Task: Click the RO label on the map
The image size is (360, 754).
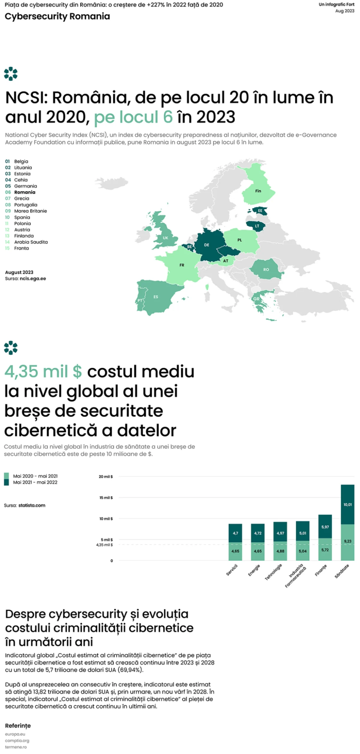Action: (266, 269)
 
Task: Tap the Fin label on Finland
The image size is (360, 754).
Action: (258, 191)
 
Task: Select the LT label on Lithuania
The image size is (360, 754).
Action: (257, 226)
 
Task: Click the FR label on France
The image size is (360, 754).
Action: (182, 265)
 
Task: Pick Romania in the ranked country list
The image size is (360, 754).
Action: (25, 192)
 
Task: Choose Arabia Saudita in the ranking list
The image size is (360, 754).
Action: (31, 242)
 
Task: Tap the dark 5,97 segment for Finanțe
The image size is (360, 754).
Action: (325, 527)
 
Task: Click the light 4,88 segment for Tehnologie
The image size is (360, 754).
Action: (280, 551)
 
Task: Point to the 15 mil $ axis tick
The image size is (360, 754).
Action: (106, 497)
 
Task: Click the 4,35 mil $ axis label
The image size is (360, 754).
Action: (104, 545)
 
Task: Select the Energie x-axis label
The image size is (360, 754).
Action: (254, 570)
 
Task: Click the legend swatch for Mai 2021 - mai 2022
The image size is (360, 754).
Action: (6, 482)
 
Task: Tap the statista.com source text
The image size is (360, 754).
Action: (32, 505)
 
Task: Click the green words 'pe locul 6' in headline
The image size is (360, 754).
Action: (133, 117)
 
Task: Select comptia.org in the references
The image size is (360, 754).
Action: (17, 740)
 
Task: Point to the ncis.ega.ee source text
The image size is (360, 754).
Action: (33, 278)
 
